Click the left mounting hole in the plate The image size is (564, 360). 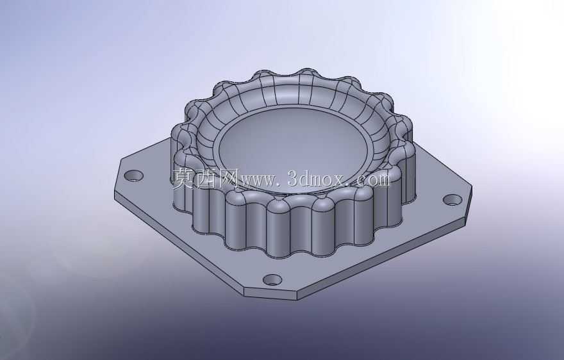click(134, 176)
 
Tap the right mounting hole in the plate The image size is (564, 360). click(452, 200)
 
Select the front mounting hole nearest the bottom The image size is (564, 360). click(272, 279)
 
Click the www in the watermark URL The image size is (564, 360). click(258, 181)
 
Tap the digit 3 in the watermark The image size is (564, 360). click(294, 179)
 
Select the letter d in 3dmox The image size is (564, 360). click(307, 178)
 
